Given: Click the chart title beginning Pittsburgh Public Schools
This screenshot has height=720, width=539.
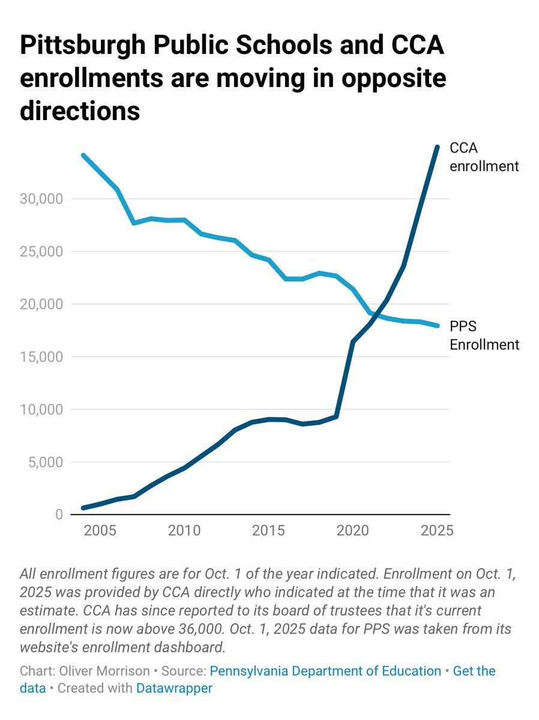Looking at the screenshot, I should coord(233,78).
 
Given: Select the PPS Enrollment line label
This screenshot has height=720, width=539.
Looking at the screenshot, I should coord(484,336).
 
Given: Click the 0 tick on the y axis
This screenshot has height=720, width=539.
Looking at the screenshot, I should coord(59,515).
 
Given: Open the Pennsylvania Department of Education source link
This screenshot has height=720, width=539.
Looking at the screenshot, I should coord(325,671).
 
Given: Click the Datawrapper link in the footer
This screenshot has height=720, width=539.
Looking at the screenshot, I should coord(174,688).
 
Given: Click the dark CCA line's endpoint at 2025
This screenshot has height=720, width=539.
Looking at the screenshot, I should coord(437,147).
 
